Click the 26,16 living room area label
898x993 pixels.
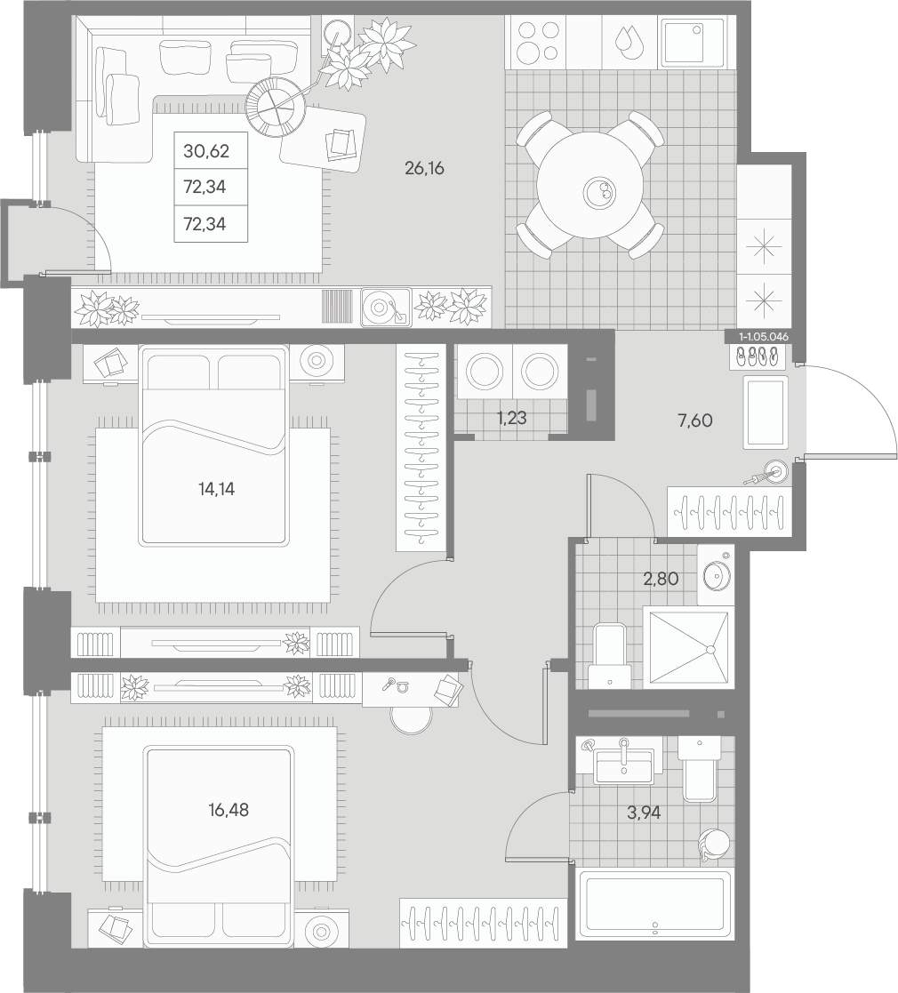click(x=424, y=168)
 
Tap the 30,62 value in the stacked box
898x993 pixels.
click(x=205, y=151)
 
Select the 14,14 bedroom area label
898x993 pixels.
click(x=216, y=488)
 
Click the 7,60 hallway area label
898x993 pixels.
click(x=694, y=420)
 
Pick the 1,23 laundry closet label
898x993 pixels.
click(x=512, y=418)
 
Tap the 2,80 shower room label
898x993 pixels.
click(x=661, y=578)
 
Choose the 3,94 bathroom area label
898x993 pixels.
click(x=644, y=812)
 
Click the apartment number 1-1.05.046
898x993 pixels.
click(x=763, y=337)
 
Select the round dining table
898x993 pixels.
click(x=591, y=185)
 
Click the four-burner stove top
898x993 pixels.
click(x=538, y=43)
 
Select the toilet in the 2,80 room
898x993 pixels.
click(x=609, y=656)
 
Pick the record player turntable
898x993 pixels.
click(x=386, y=308)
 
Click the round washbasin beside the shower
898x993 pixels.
click(x=718, y=575)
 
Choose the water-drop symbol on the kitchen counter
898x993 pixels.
click(x=629, y=43)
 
